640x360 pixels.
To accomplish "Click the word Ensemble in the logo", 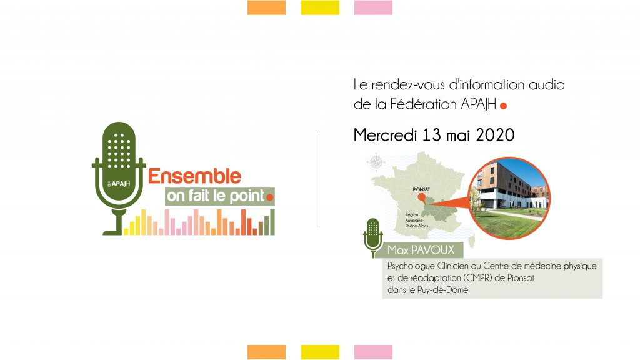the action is coord(195,176).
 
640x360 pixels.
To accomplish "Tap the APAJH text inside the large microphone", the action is coord(119,184).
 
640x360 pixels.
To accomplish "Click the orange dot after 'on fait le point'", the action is coord(269,197).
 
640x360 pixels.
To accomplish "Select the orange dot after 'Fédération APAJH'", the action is coord(503,106).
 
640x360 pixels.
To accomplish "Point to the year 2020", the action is coord(495,135).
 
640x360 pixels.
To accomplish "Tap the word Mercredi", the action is coord(385,135).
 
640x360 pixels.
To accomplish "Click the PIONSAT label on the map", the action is coord(421,189).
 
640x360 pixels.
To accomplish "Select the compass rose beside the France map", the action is coord(376,162).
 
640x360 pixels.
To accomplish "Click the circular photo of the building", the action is coord(509,198).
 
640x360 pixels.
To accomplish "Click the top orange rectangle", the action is coord(266,7).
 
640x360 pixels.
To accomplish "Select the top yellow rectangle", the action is coord(320,7).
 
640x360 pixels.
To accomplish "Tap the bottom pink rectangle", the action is coord(374,352).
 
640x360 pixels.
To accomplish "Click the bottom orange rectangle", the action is coord(266,352).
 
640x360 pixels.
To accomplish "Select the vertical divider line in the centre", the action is coord(319,181).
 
